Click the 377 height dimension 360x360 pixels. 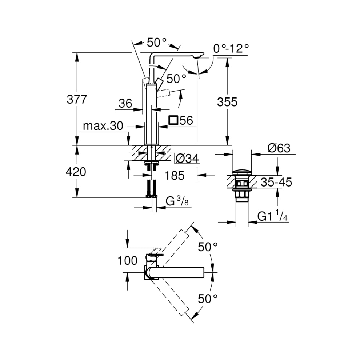pos(76,99)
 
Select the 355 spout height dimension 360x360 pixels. pos(227,102)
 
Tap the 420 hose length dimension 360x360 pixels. pos(76,172)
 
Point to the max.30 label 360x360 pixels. pos(103,126)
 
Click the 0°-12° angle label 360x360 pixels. pos(231,48)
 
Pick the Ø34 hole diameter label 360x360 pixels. pos(187,158)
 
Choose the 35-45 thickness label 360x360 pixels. pos(276,182)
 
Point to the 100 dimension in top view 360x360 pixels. pos(127,260)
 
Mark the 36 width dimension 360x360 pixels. pos(125,103)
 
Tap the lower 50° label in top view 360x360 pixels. pos(208,299)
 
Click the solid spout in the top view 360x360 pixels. pos(178,272)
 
